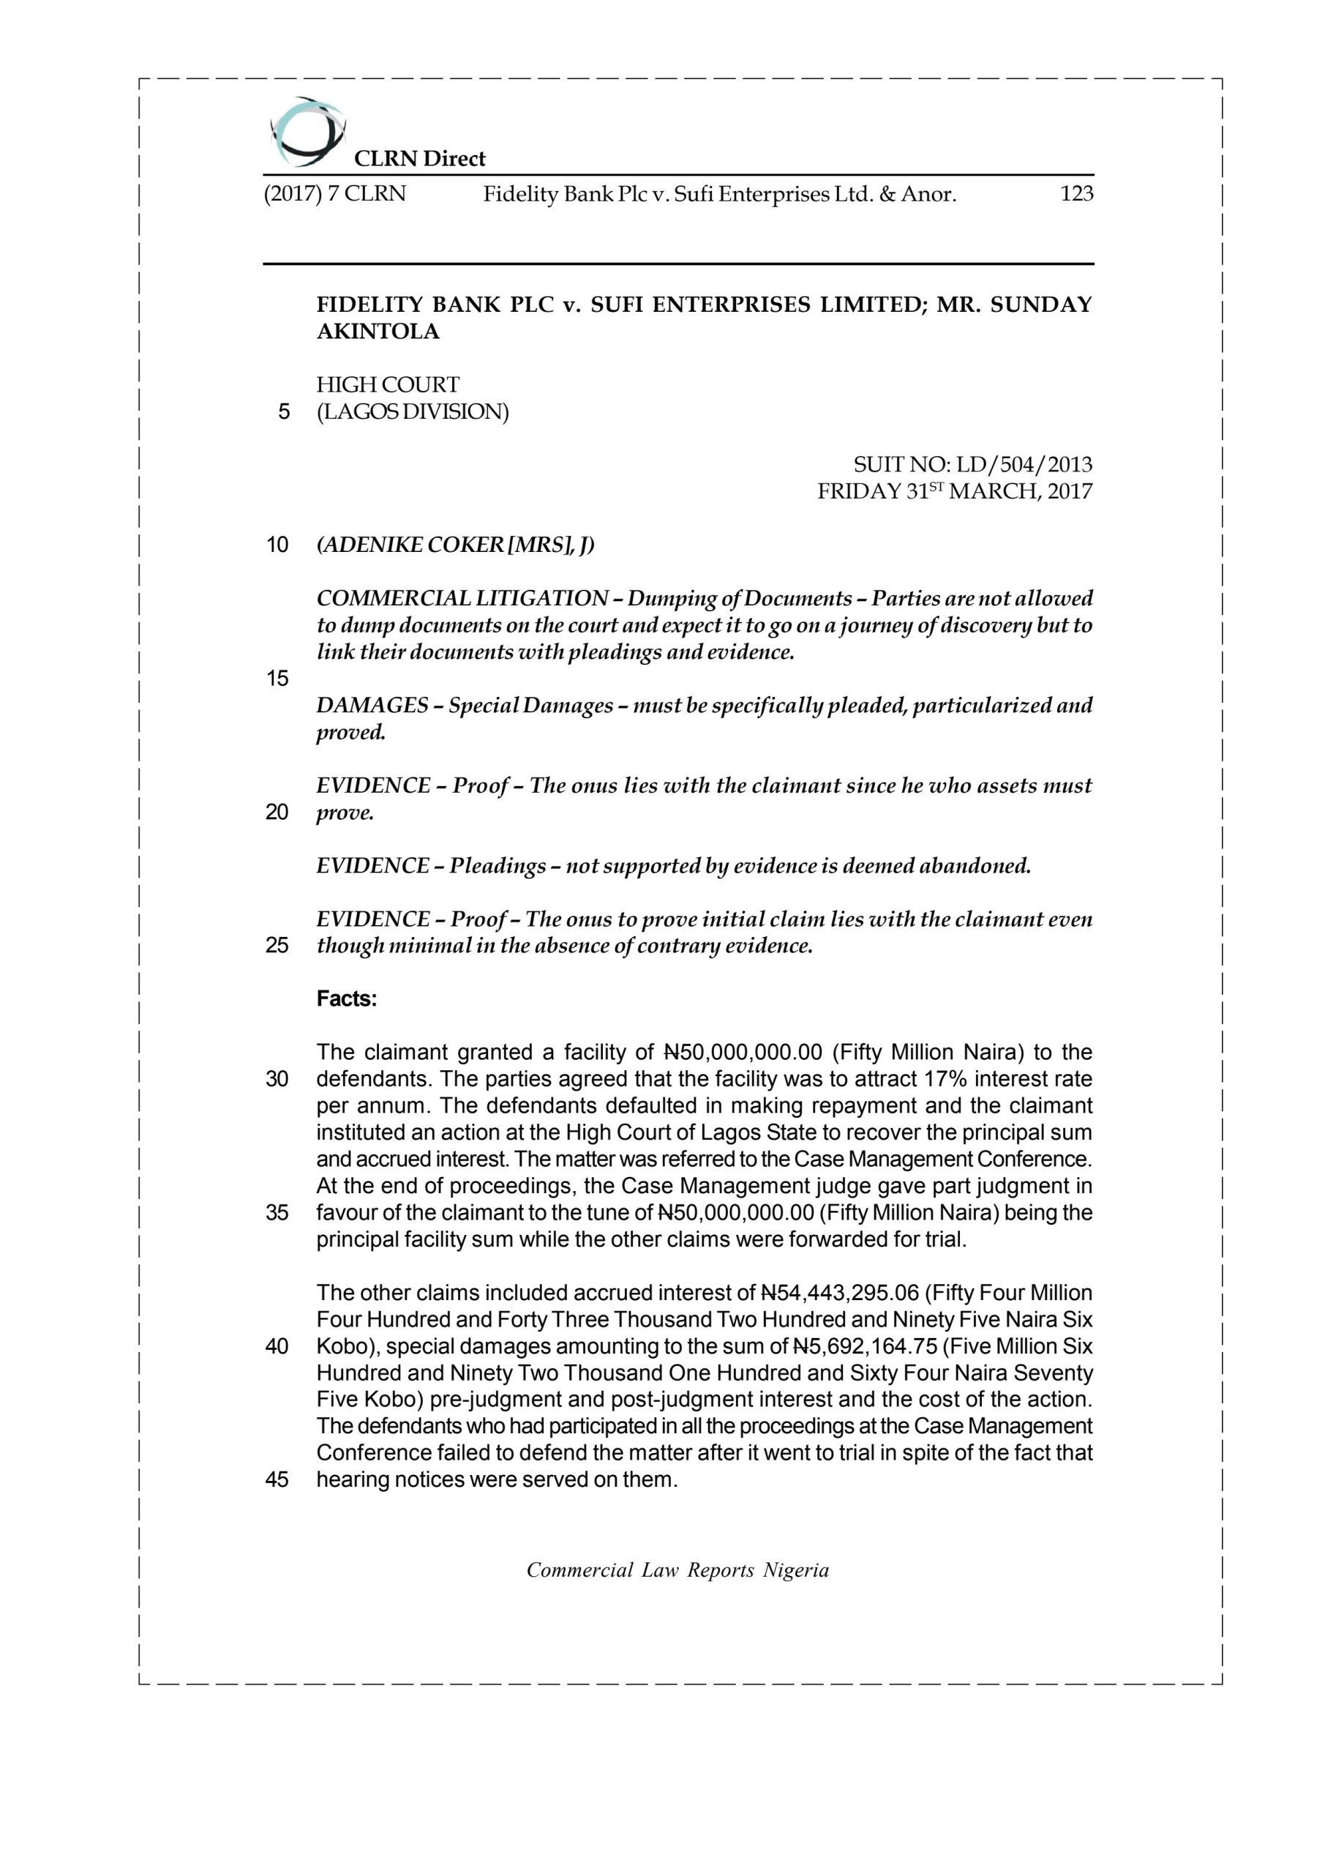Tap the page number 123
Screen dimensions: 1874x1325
click(x=1076, y=194)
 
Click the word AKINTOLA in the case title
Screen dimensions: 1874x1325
click(x=378, y=332)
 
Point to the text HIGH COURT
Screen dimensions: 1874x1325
click(x=388, y=385)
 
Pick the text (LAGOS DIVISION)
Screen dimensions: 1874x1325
click(x=412, y=412)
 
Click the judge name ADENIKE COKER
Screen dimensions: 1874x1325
click(x=412, y=545)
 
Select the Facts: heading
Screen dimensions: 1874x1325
click(x=347, y=999)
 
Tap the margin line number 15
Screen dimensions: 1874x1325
click(x=277, y=679)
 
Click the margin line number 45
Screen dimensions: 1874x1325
click(x=277, y=1479)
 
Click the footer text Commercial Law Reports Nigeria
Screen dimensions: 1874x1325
click(x=677, y=1570)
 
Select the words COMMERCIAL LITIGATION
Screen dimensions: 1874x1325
click(x=462, y=599)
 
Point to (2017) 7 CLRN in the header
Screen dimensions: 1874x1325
click(x=334, y=194)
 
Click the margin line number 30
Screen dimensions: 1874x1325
click(x=277, y=1079)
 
